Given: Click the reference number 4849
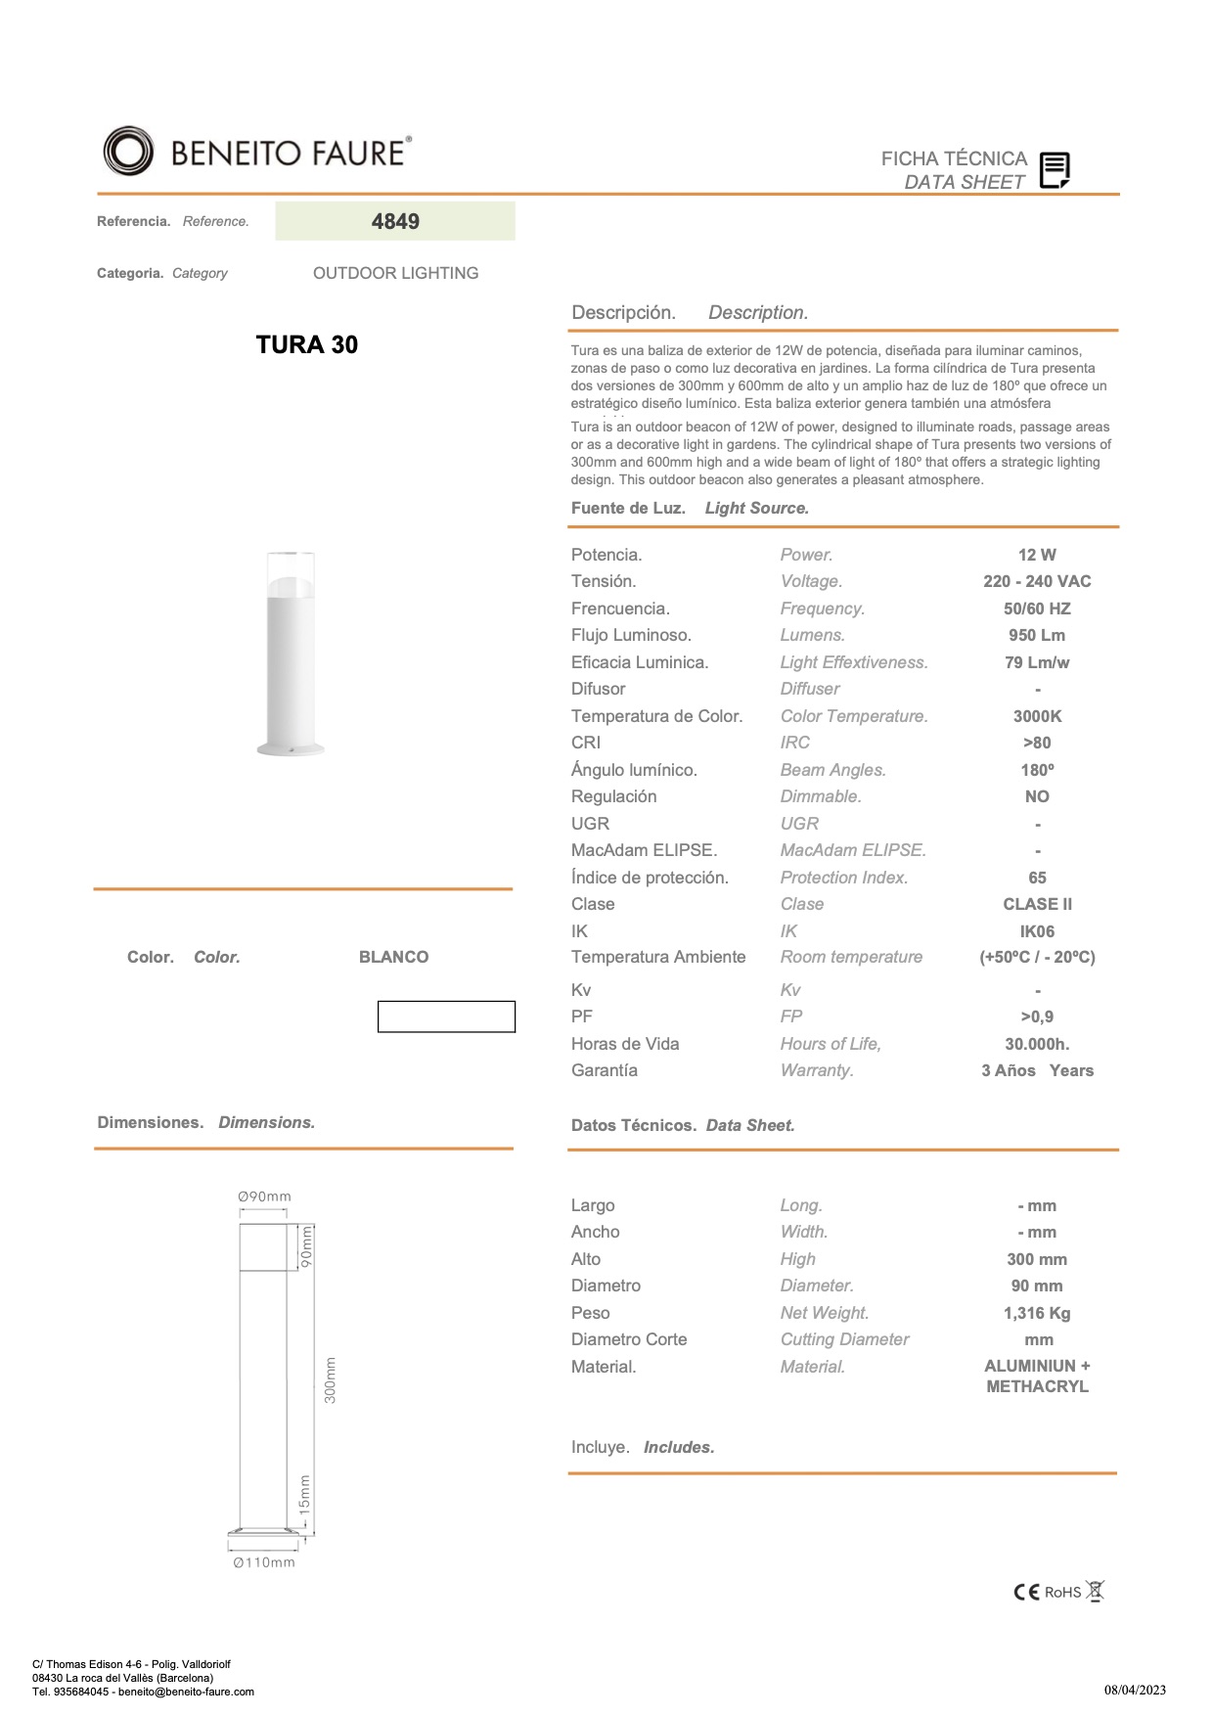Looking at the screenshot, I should coord(395,221).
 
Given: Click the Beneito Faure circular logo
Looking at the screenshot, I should coord(128,152).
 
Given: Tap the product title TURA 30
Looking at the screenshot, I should coord(306,344).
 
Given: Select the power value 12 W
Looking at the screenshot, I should coord(1037,555).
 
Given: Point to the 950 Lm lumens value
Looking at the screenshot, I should coord(1037,635).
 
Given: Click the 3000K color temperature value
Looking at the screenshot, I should coord(1037,716).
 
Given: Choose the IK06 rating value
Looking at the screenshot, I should coord(1037,931).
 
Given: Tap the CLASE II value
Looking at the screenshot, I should coord(1037,904).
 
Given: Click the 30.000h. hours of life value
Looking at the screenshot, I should coord(1037,1044).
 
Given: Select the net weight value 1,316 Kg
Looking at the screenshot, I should coord(1037,1313).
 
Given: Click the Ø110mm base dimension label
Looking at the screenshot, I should coord(264,1562).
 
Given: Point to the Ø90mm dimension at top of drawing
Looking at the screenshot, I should coord(264,1197).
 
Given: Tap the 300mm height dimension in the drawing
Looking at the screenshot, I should coord(331,1379).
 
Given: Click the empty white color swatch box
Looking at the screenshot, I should coord(446,1016).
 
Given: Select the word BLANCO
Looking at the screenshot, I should coord(393,957).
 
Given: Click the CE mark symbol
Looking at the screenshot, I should coord(1026,1592).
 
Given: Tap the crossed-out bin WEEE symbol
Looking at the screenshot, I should coord(1096,1591).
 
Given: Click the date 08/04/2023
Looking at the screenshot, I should coord(1135,1690).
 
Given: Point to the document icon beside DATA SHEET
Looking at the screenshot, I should coord(1055,170).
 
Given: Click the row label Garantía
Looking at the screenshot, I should coord(605,1070).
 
